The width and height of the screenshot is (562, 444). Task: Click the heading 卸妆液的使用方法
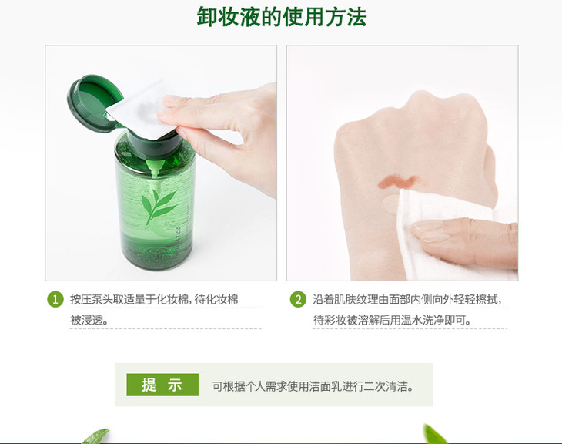point(282,17)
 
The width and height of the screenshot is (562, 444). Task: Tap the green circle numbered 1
point(55,299)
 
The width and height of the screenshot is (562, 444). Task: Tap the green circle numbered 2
point(298,299)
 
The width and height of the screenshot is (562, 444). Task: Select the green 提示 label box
point(162,385)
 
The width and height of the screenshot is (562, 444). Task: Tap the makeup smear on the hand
point(397,182)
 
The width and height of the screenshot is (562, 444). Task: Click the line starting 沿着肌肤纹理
point(406,299)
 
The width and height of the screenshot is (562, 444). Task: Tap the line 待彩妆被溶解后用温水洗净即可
point(393,320)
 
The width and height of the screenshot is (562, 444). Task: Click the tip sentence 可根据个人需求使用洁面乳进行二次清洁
point(313,386)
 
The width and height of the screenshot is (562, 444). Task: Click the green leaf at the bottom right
point(435,434)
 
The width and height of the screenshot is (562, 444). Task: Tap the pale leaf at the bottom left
point(96,436)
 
